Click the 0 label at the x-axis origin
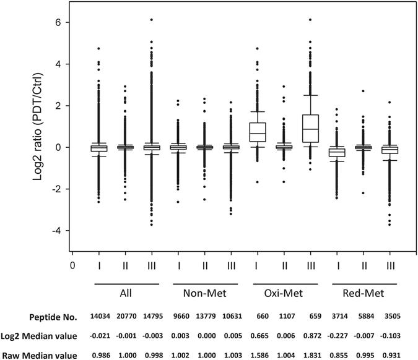click(72, 269)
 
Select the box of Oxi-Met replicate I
click(257, 132)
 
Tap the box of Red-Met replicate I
click(336, 152)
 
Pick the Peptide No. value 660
click(257, 317)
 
